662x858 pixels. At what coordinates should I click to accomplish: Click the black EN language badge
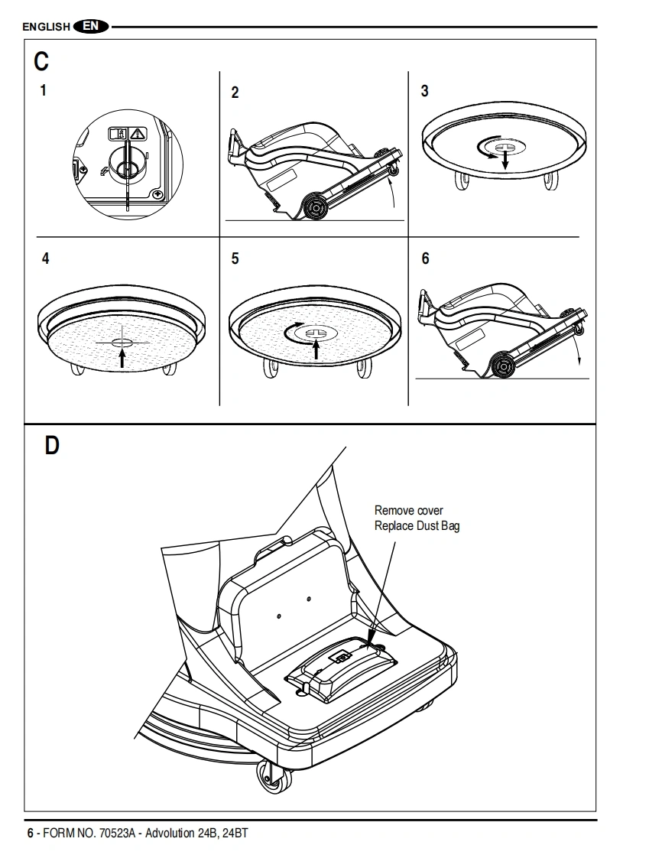(x=90, y=26)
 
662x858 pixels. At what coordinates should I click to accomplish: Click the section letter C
(x=41, y=61)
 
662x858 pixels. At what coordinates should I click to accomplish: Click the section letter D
(x=52, y=445)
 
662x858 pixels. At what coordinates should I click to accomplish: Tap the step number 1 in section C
(x=44, y=90)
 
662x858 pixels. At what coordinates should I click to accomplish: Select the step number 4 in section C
(x=45, y=258)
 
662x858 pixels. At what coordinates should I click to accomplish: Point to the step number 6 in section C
(x=425, y=258)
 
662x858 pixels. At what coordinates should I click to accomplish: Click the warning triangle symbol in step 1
(x=138, y=134)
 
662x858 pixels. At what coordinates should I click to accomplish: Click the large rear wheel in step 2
(x=316, y=207)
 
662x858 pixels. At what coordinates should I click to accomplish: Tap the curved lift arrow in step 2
(x=391, y=192)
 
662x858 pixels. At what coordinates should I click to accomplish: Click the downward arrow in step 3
(x=505, y=159)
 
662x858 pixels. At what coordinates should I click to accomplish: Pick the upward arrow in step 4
(x=122, y=357)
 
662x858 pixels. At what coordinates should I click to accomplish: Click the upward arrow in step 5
(x=316, y=349)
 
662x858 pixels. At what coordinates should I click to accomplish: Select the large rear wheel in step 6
(x=502, y=365)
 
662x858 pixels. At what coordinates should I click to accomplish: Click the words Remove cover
(x=409, y=511)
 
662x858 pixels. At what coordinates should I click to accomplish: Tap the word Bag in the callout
(x=450, y=526)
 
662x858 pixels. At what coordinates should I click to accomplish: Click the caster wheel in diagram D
(x=274, y=777)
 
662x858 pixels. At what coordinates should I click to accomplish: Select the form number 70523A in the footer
(x=117, y=834)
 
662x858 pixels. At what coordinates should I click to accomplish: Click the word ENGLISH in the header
(x=47, y=27)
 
